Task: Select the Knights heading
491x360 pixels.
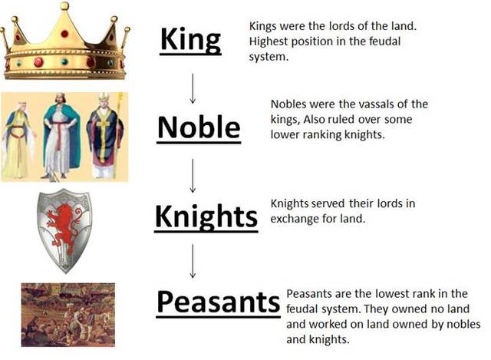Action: (206, 216)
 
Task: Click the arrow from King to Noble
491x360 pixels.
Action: (193, 88)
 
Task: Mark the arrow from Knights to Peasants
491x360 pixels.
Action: (193, 262)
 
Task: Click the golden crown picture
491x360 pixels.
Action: (65, 42)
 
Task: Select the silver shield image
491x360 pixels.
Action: (65, 230)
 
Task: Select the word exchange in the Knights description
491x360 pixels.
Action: (295, 220)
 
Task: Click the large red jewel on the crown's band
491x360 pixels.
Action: (38, 61)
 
